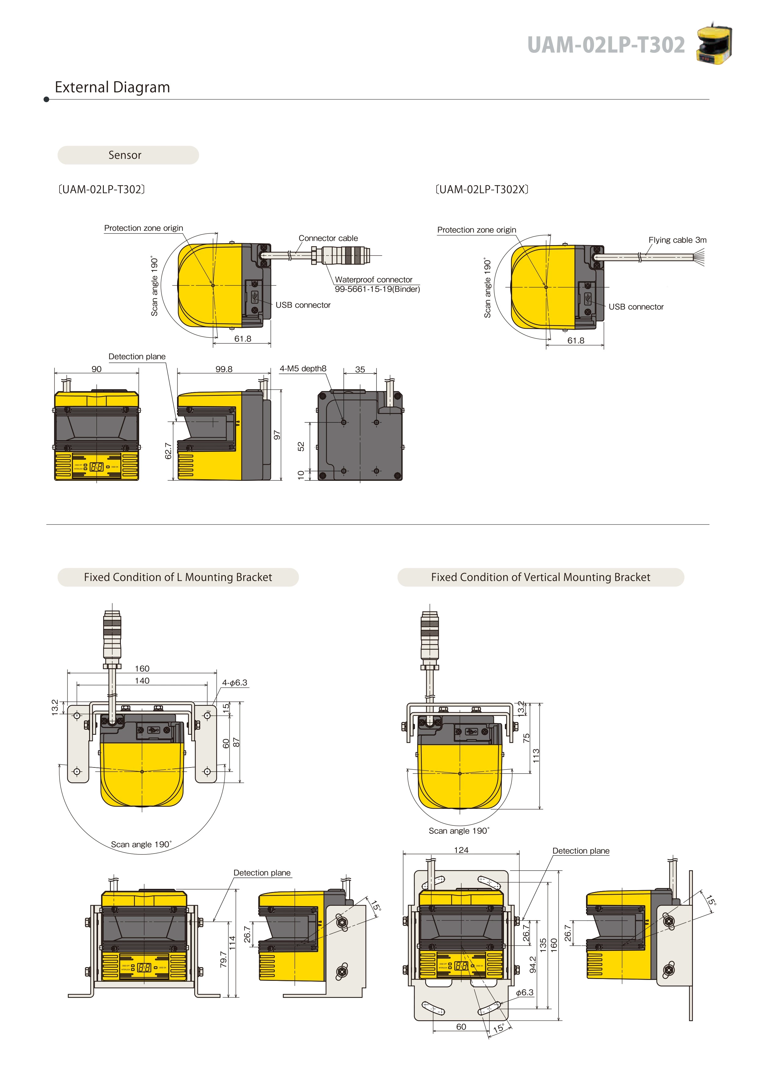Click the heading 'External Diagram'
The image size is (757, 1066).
[112, 87]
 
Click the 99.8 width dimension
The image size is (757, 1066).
[224, 369]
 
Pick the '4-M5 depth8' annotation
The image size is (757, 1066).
[303, 368]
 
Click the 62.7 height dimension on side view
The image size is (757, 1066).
[168, 451]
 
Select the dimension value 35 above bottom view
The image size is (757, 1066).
[360, 369]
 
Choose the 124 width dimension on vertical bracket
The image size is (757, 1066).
[461, 850]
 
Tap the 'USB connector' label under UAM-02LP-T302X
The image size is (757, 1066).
[636, 307]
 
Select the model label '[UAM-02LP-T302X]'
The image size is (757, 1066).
[481, 189]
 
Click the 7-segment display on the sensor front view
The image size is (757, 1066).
[96, 466]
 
